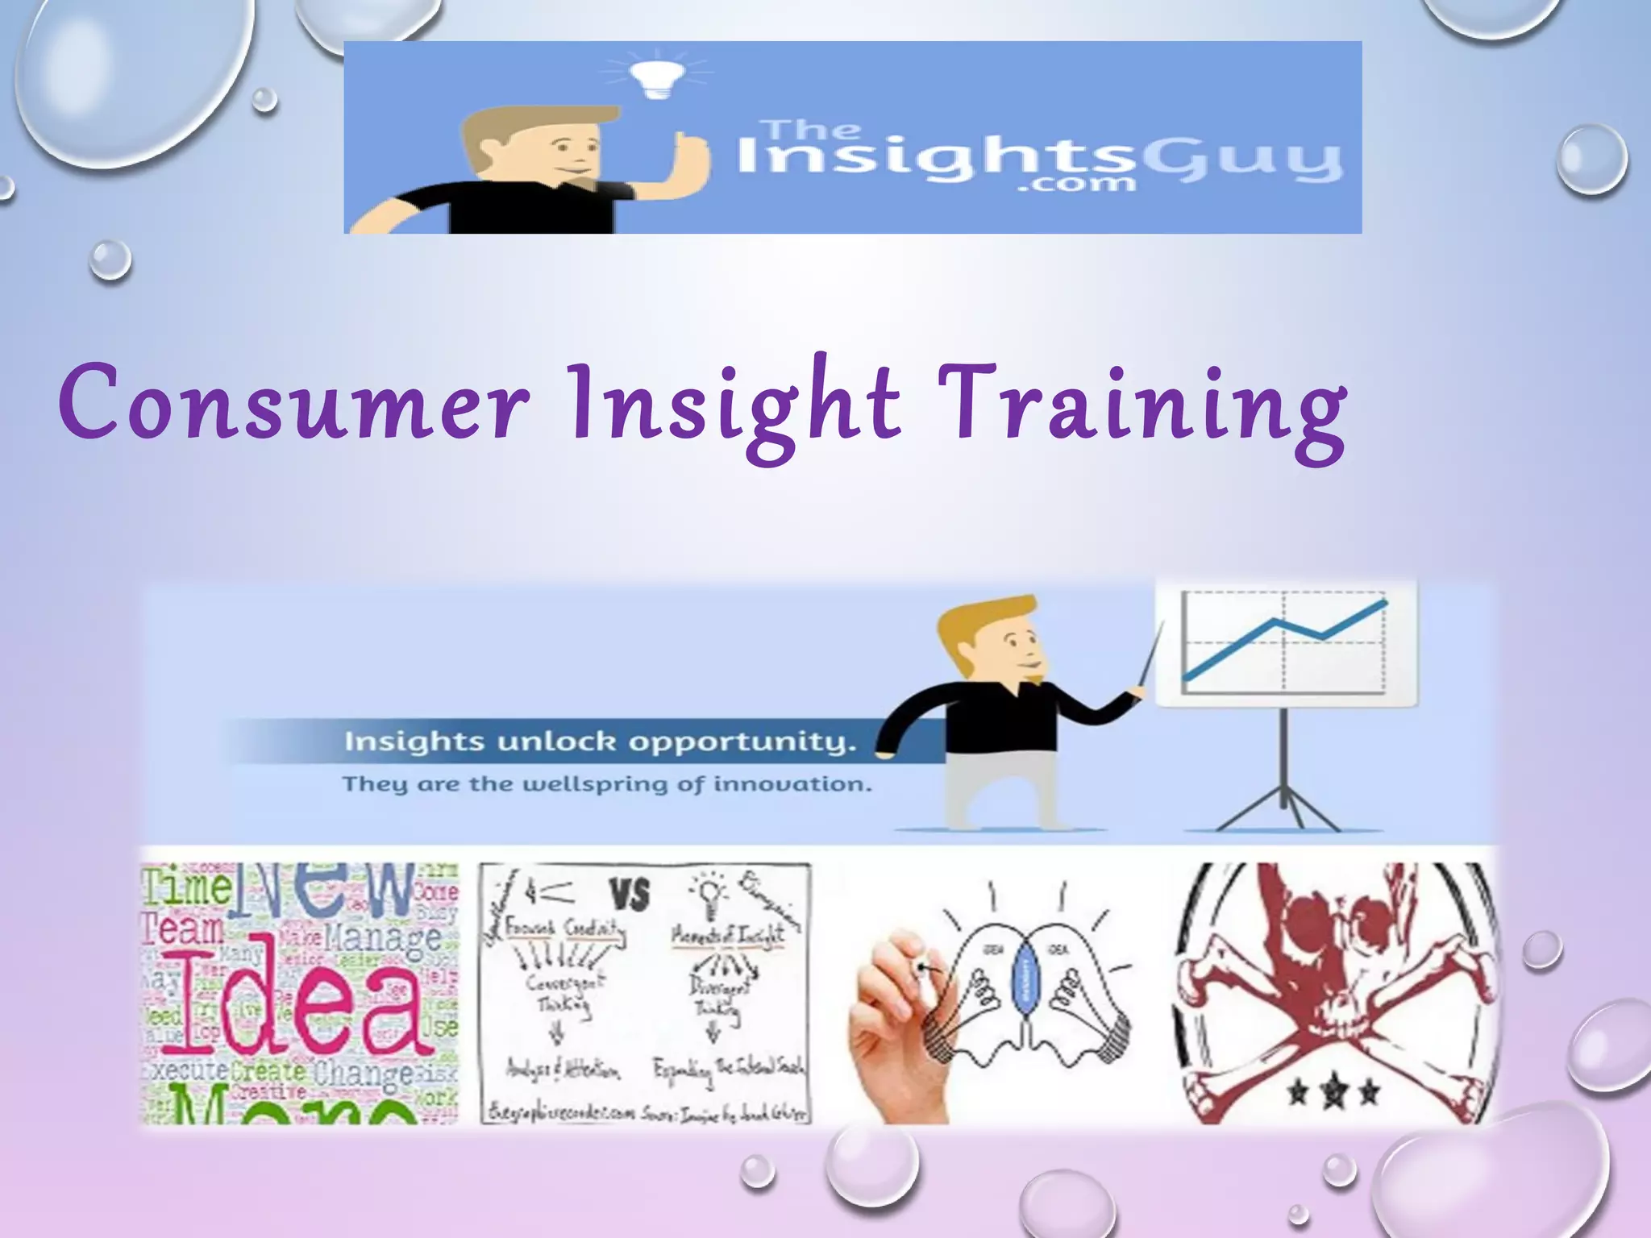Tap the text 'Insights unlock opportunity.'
click(600, 742)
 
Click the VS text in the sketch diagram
click(630, 894)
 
